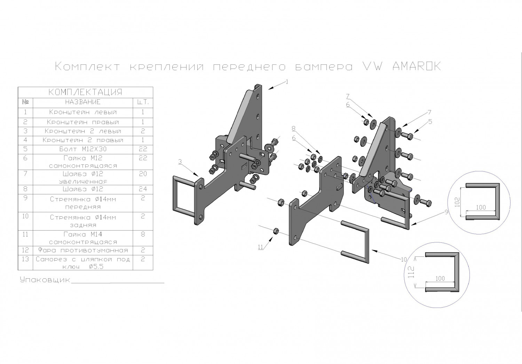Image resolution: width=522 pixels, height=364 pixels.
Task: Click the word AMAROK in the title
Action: [x=417, y=66]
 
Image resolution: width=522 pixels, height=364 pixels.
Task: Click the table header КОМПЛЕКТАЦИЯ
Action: [x=85, y=92]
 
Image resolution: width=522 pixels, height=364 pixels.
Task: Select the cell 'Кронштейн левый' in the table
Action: [x=83, y=113]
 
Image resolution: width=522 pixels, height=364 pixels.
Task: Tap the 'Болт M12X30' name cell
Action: [x=83, y=149]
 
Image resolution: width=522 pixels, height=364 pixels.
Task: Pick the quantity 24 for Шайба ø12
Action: [x=143, y=189]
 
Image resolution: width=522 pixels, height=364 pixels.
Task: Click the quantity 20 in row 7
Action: [x=143, y=174]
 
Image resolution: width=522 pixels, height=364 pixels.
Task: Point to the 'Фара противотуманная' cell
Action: [x=83, y=250]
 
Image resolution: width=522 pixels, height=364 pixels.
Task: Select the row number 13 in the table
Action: [x=25, y=259]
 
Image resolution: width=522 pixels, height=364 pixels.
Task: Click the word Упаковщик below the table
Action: [x=45, y=280]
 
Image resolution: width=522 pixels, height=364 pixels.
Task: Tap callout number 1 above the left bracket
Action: [x=287, y=82]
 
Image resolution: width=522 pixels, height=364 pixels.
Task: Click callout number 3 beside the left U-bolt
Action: [x=180, y=161]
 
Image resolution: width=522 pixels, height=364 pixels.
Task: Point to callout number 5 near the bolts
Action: [x=430, y=122]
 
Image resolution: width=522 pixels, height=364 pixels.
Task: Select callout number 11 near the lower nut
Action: [x=260, y=247]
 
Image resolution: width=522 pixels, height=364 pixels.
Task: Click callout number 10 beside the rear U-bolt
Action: [x=404, y=260]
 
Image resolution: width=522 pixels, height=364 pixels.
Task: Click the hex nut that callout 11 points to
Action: [x=275, y=231]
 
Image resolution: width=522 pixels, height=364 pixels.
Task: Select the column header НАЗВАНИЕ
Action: [x=83, y=102]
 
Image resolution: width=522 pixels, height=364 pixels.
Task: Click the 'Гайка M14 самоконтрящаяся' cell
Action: [x=83, y=238]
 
